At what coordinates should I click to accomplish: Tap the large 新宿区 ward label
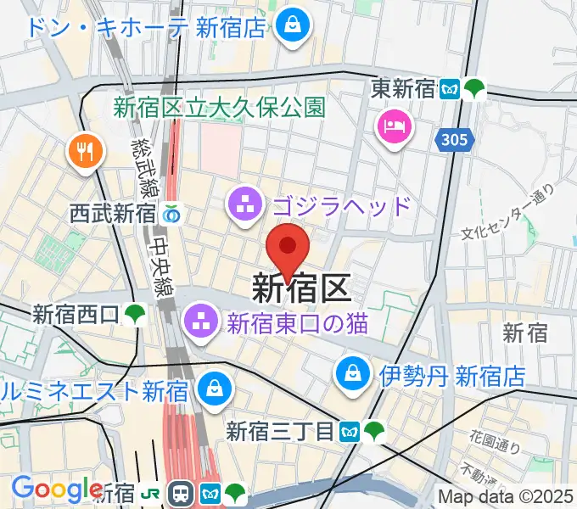pos(301,290)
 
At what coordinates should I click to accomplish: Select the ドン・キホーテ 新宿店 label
pos(147,26)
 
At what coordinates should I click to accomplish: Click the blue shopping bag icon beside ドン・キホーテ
pos(292,25)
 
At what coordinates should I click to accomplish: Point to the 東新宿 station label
pos(403,88)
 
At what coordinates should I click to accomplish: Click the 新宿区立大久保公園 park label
pos(220,108)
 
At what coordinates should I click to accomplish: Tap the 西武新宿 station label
pos(115,214)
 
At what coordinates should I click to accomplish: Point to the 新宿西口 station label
pos(76,315)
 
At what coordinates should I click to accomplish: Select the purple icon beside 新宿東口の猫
pos(202,322)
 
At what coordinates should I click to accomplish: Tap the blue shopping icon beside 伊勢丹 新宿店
pos(350,373)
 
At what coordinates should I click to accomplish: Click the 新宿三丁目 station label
pos(280,432)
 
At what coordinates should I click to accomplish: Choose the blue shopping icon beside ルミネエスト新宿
pos(210,391)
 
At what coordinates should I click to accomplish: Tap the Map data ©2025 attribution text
pos(506,496)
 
